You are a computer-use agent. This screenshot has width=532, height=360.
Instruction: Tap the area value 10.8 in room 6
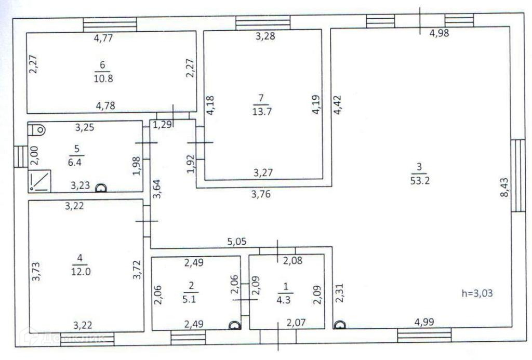[x=102, y=79]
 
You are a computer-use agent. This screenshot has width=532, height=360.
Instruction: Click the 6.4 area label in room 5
[x=73, y=161]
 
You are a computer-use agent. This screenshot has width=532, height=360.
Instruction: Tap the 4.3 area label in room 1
[x=286, y=300]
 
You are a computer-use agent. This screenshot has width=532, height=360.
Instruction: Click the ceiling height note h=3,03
[x=477, y=293]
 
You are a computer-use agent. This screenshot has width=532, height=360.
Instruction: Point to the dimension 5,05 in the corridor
[x=236, y=241]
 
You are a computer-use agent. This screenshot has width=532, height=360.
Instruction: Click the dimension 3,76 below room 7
[x=261, y=195]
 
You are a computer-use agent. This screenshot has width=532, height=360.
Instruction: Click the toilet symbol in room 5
[x=37, y=129]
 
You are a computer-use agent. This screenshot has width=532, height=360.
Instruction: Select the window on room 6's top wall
[x=110, y=24]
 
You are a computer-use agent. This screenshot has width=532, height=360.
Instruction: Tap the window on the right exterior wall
[x=517, y=175]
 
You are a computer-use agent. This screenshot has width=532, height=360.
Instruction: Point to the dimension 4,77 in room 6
[x=104, y=37]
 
